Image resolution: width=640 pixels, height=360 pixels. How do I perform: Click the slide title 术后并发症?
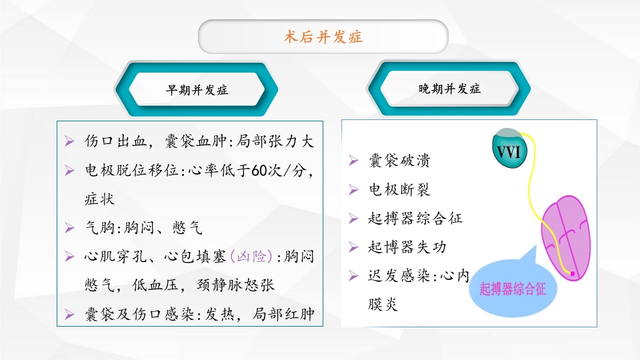click(x=323, y=37)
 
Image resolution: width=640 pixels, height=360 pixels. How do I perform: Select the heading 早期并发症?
click(x=197, y=90)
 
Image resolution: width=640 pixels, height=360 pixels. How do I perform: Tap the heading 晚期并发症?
click(x=449, y=89)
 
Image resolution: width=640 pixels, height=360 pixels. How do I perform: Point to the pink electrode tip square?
click(x=572, y=273)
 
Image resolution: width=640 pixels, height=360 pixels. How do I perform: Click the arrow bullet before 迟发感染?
click(x=354, y=275)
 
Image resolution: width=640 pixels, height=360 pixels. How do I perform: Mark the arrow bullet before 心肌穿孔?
click(x=70, y=256)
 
